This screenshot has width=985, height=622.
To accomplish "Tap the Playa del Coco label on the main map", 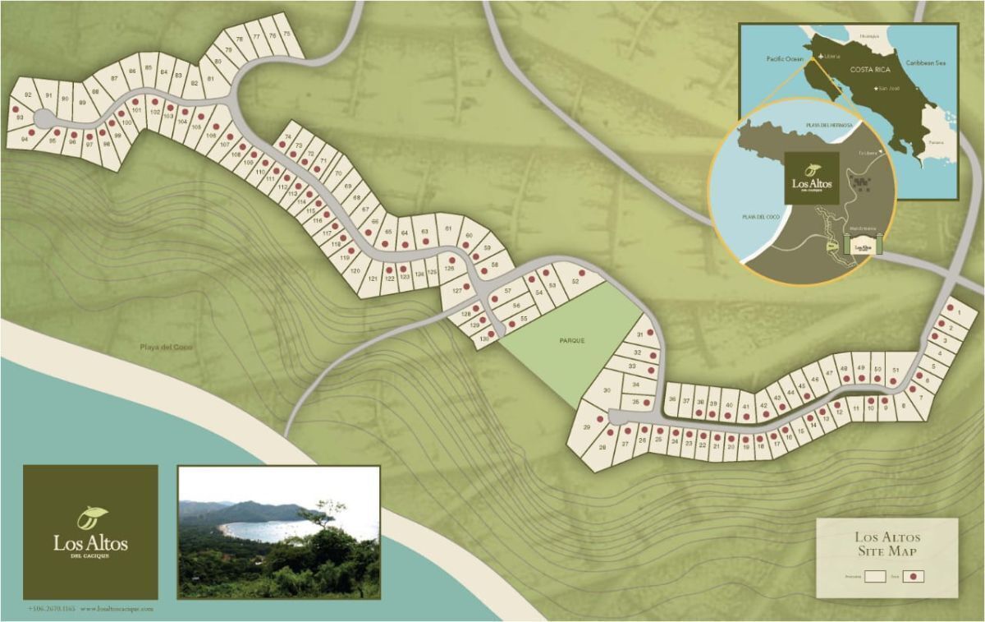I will point(165,347).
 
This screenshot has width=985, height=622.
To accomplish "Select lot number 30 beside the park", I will point(607,390).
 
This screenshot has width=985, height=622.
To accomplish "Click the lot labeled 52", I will point(575,282).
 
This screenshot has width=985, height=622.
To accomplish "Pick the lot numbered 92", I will point(28,96).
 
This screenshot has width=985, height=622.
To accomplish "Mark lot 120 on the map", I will point(355,270).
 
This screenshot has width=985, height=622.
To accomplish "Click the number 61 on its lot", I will point(448,228).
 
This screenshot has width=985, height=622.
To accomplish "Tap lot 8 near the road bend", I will point(904,405).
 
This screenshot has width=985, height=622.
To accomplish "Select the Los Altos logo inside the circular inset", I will point(812,178).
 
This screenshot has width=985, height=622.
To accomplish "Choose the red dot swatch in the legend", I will point(914,577).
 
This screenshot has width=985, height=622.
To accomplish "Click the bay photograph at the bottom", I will point(278,532).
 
